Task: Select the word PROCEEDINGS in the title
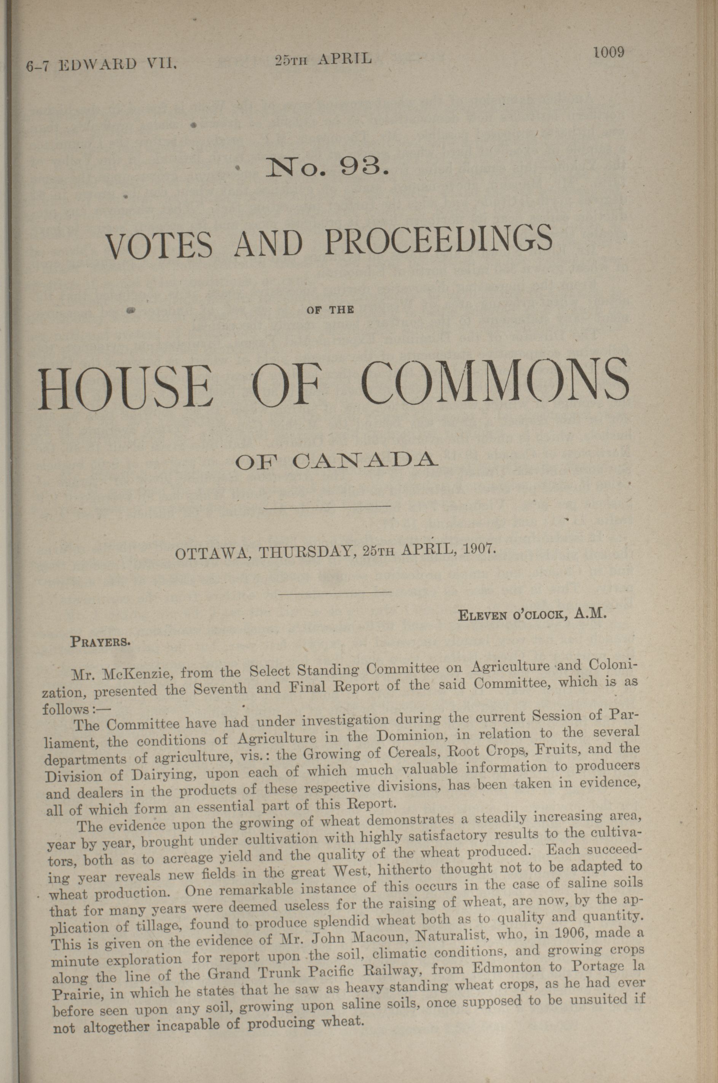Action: point(438,239)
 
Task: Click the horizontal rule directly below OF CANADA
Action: point(327,506)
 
